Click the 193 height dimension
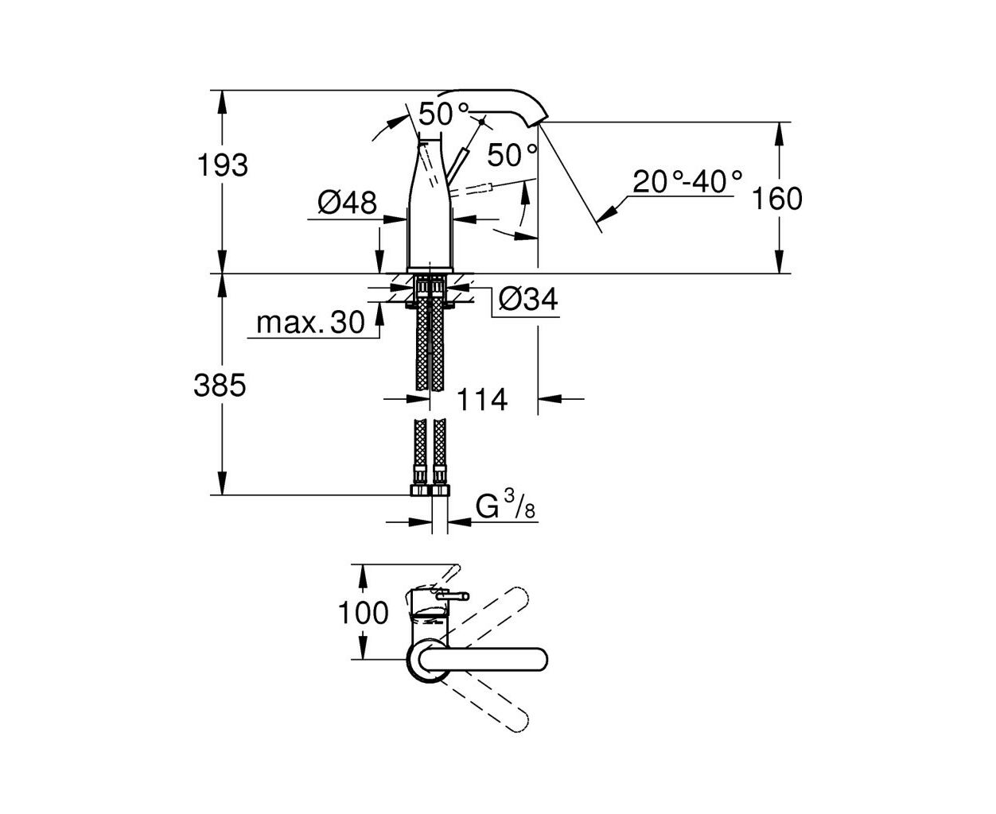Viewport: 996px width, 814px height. pos(222,165)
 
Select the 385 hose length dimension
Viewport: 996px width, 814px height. pos(220,386)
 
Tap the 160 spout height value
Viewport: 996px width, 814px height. pos(777,198)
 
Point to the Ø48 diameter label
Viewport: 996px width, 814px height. pos(347,203)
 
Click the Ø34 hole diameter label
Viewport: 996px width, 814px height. pos(528,298)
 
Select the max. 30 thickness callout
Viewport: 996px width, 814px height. pos(310,323)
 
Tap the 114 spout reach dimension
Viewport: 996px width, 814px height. pos(482,400)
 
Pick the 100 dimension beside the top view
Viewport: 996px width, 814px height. pos(363,613)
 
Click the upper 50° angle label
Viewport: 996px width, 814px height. pos(443,114)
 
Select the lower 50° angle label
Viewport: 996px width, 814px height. pos(512,155)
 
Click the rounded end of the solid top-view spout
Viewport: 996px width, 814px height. pos(541,659)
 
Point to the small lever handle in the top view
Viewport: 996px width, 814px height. pos(453,596)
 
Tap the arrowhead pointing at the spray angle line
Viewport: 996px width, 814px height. pos(605,215)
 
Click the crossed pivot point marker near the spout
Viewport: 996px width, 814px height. pos(481,122)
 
